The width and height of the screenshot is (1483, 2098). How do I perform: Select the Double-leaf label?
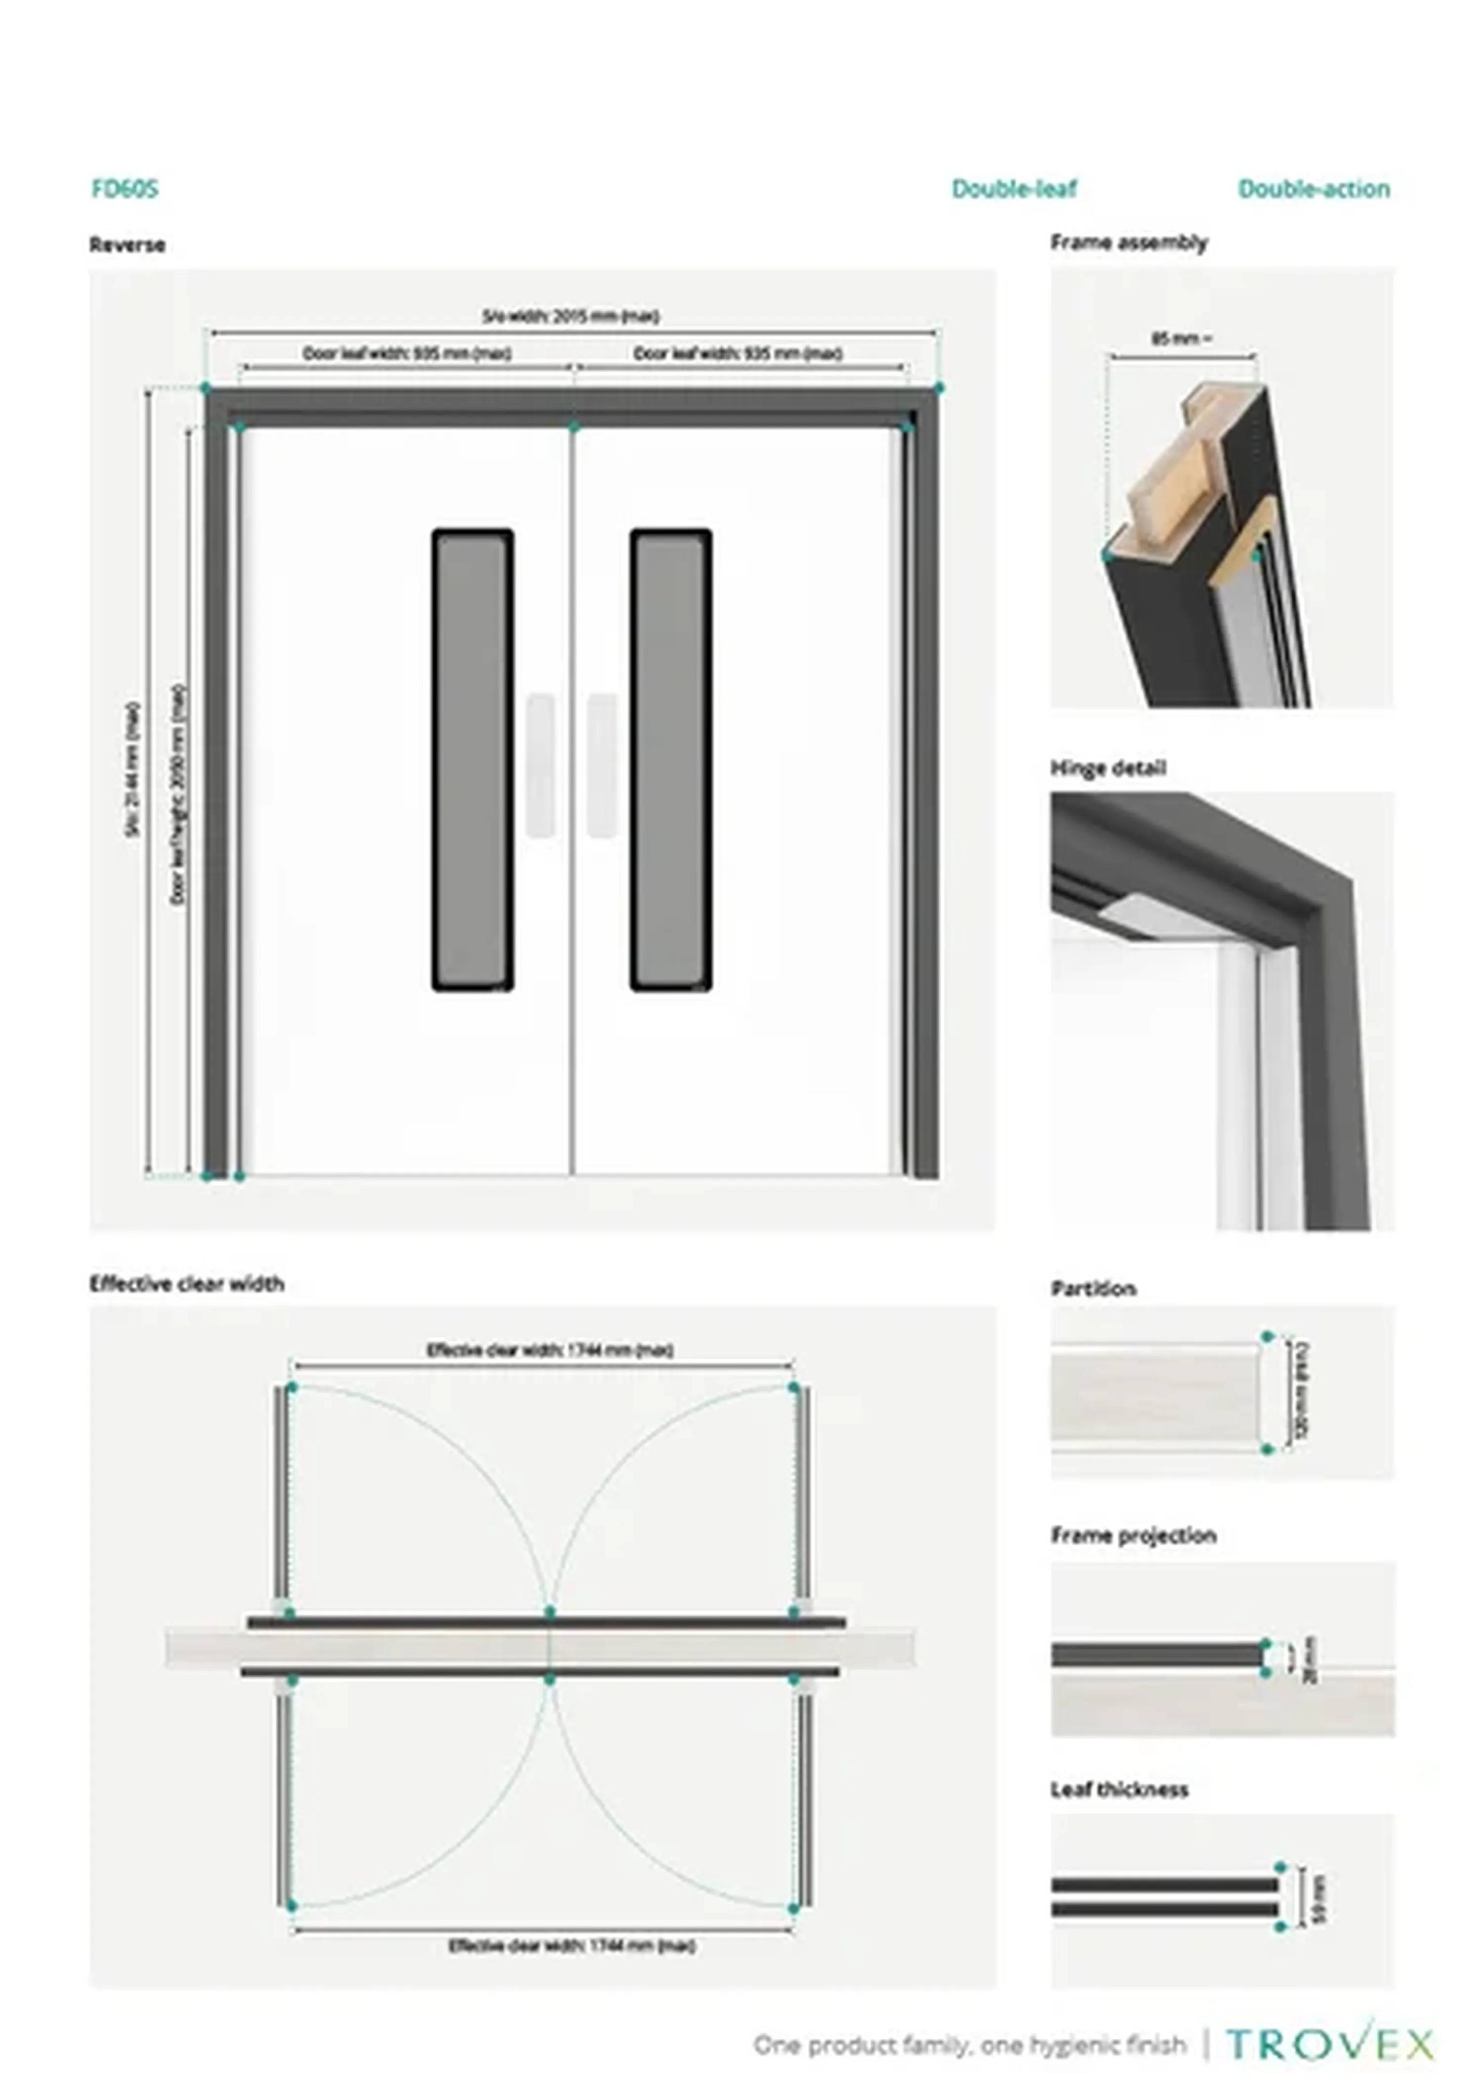[x=1014, y=189]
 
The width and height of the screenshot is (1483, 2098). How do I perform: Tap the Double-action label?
[x=1314, y=189]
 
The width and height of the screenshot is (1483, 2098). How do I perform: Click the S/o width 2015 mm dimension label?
[x=571, y=317]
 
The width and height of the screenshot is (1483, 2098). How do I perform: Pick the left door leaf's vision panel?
[x=473, y=759]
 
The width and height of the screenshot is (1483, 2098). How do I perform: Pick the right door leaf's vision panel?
[x=671, y=759]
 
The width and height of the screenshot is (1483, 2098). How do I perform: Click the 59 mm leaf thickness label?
[x=1317, y=1898]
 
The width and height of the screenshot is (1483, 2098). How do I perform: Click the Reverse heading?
[x=127, y=245]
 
